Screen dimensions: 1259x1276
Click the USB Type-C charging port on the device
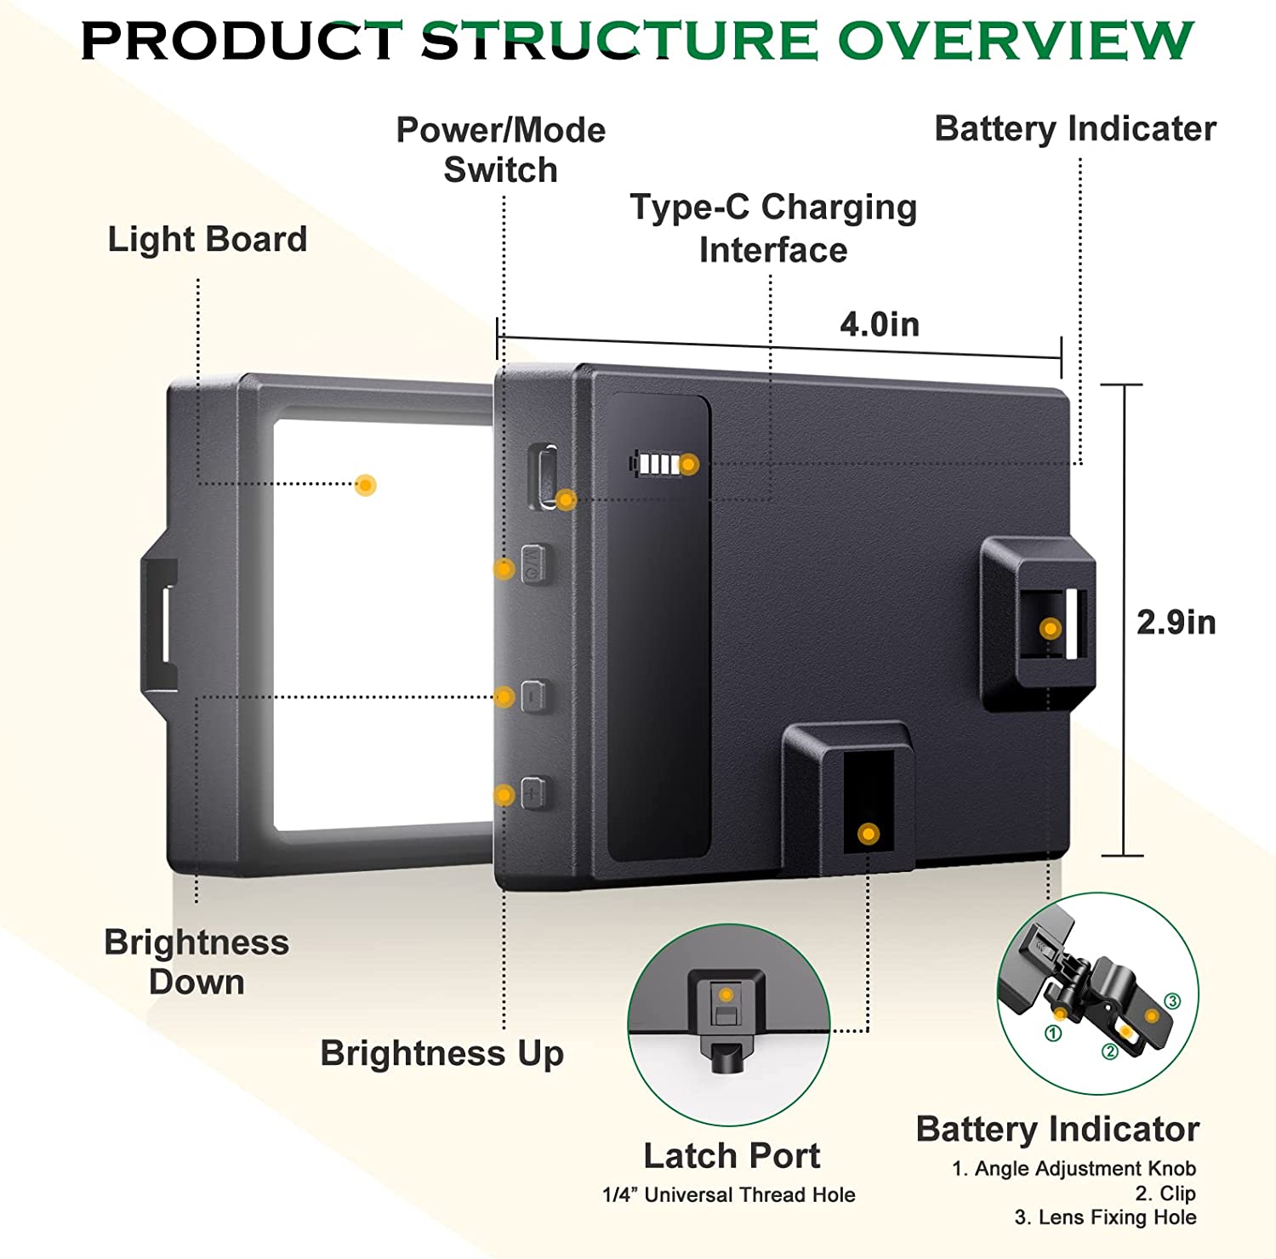544,476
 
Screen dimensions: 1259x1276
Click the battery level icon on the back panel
660,464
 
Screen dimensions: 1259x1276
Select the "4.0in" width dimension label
880,324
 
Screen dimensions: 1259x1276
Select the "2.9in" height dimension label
1176,623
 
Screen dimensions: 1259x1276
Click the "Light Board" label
207,239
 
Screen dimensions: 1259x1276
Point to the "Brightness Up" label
441,1053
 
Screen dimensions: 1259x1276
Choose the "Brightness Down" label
197,962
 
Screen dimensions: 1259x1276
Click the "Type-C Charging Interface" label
773,228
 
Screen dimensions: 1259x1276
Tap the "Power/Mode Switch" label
501,150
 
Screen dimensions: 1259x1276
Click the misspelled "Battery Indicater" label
1075,128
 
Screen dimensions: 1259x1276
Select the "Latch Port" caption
732,1155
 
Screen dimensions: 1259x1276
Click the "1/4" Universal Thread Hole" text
728,1194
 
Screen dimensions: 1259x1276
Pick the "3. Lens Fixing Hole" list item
1105,1217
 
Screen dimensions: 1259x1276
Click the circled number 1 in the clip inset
1053,1034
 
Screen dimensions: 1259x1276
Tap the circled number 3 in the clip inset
1172,1001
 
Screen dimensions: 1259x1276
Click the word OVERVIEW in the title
1016,40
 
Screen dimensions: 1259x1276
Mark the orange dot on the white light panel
366,485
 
